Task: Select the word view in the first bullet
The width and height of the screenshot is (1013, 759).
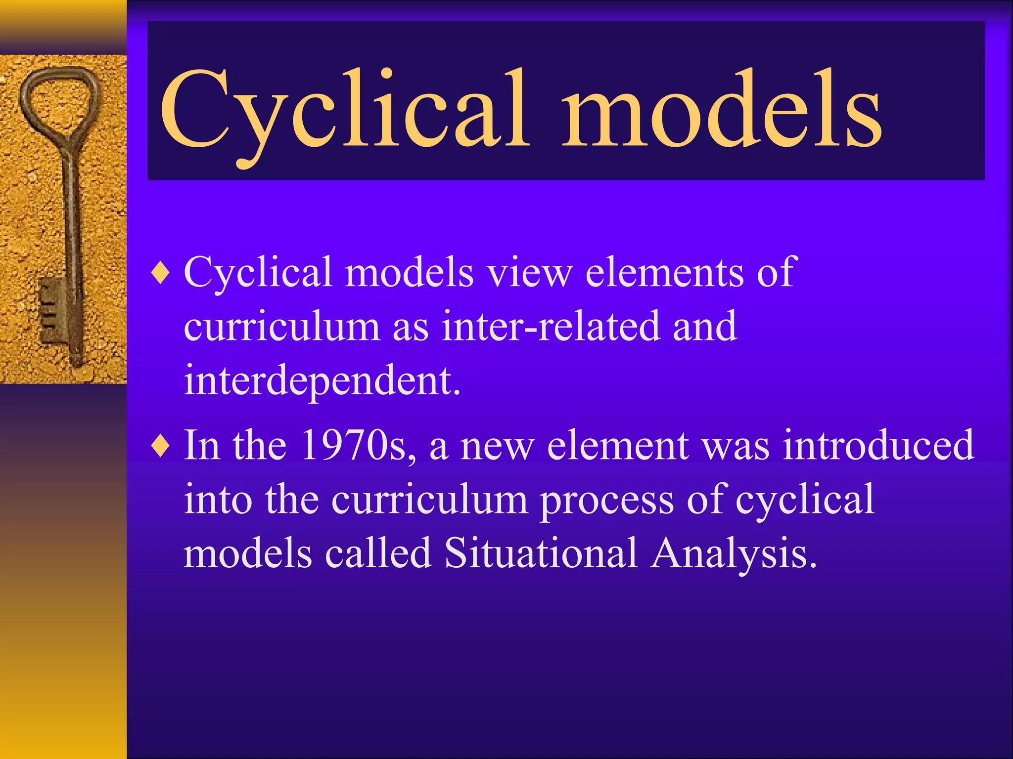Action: (x=529, y=273)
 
